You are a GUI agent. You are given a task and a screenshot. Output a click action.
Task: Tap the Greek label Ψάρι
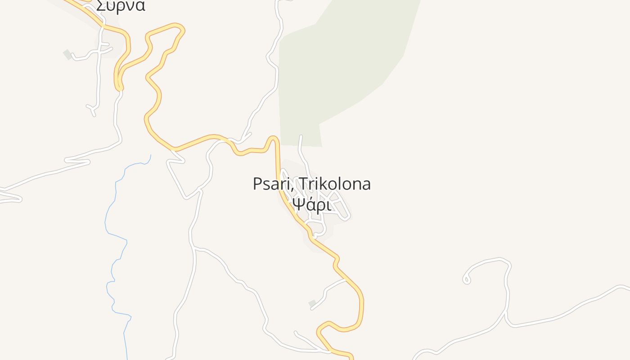pyautogui.click(x=311, y=205)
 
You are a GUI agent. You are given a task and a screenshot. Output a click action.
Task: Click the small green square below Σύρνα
pyautogui.click(x=67, y=54)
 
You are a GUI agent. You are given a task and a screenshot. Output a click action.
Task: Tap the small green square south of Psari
pyautogui.click(x=312, y=304)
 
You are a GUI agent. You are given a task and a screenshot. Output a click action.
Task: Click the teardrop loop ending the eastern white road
pyautogui.click(x=467, y=280)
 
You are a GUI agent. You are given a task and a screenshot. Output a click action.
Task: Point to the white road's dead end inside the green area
pyautogui.click(x=301, y=136)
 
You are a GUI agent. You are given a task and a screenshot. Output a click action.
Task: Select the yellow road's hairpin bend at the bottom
pyautogui.click(x=320, y=332)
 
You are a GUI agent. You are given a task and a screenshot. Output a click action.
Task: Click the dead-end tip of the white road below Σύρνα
pyautogui.click(x=94, y=115)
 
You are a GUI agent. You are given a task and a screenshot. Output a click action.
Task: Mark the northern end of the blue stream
pyautogui.click(x=150, y=155)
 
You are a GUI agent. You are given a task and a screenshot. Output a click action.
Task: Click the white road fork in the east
pyautogui.click(x=506, y=311)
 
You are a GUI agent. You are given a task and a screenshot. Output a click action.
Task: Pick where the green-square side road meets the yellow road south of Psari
pyautogui.click(x=346, y=279)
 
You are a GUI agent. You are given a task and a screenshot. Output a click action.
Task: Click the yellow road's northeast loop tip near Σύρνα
pyautogui.click(x=182, y=29)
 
